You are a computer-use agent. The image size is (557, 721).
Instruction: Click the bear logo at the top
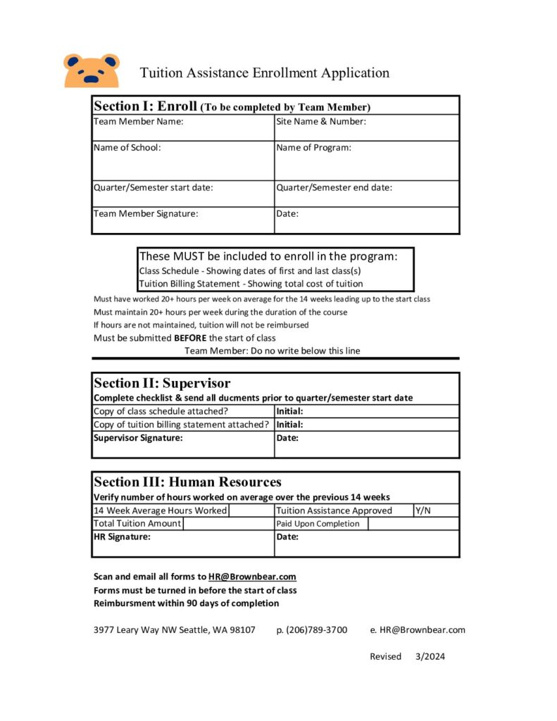click(92, 70)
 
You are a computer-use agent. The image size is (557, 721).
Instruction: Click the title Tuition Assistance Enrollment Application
click(264, 73)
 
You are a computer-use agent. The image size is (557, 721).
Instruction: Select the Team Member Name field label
click(139, 121)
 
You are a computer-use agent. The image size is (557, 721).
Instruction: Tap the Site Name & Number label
click(321, 121)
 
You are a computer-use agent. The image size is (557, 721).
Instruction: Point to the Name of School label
click(127, 147)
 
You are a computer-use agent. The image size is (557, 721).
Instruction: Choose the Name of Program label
click(313, 147)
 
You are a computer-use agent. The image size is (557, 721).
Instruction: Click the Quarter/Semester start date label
click(154, 187)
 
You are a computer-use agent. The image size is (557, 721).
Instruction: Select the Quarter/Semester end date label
click(334, 187)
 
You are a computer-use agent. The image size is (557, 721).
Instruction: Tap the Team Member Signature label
click(146, 213)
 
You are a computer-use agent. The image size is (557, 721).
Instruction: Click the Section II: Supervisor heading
click(162, 383)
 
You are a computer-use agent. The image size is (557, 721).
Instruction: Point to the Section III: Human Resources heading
click(187, 482)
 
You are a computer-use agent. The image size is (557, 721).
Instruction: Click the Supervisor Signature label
click(138, 438)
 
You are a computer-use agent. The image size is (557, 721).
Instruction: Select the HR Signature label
click(123, 537)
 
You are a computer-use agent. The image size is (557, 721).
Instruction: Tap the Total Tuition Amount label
click(137, 523)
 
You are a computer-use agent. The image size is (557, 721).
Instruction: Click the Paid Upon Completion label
click(318, 524)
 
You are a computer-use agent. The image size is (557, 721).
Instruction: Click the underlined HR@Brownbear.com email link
click(252, 577)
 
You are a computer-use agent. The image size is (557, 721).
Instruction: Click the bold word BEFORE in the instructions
click(190, 338)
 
